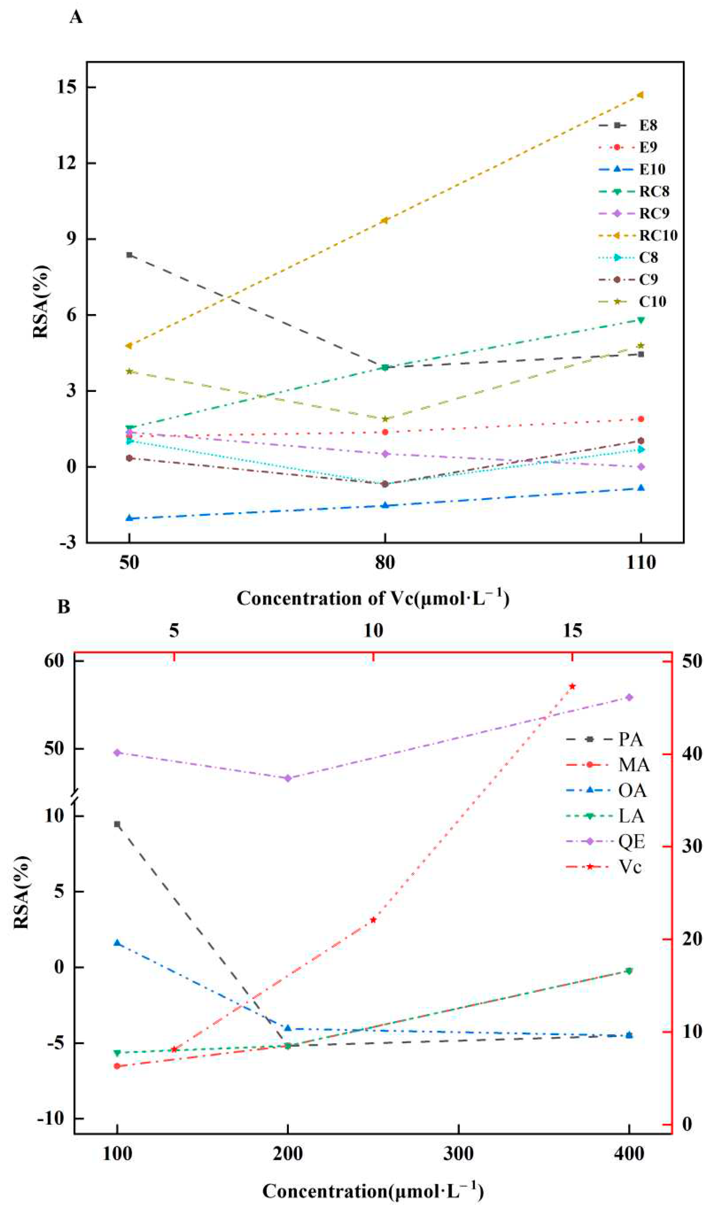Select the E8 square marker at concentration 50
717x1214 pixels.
[x=129, y=255]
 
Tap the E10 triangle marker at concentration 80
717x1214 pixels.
[x=385, y=505]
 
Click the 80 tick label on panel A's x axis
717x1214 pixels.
[x=385, y=563]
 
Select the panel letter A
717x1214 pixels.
[x=76, y=17]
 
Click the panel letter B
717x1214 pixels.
[x=64, y=606]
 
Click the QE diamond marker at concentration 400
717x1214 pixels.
[x=629, y=697]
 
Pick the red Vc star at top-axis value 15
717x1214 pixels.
[x=572, y=686]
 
